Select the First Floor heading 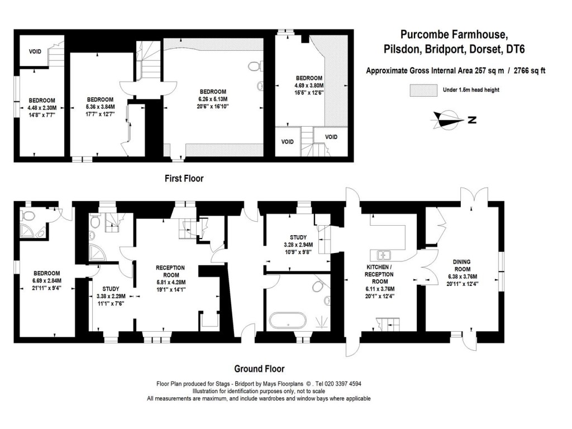184,179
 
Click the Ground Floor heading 259,369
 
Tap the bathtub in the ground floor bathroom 287,322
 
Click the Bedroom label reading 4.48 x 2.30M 42,107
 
